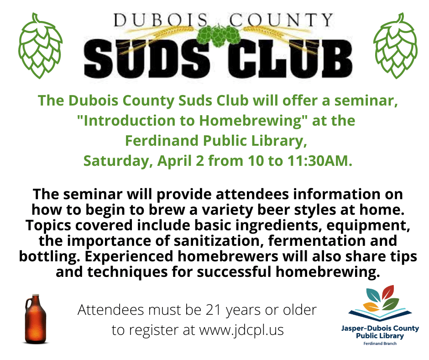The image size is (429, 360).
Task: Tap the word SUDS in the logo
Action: point(147,59)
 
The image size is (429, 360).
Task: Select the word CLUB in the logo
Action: point(290,59)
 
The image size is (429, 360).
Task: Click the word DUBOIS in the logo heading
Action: point(161,20)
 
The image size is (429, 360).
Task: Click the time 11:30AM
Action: point(319,161)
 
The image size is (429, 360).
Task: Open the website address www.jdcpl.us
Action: point(241,330)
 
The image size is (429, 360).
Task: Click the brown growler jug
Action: point(36,319)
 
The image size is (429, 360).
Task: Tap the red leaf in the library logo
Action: point(387,292)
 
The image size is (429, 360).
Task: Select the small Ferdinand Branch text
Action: point(380,343)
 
